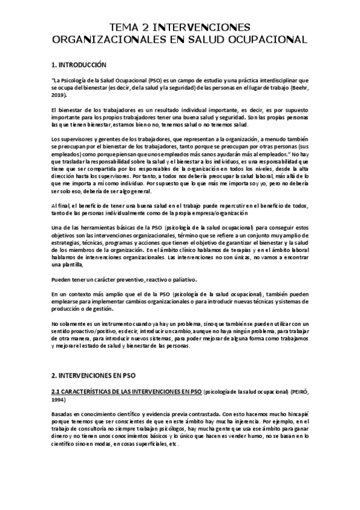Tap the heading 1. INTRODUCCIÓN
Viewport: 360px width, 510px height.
coord(79,64)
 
